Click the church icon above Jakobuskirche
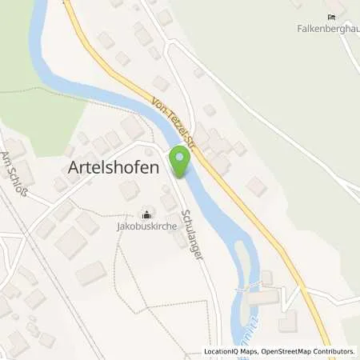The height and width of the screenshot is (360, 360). (146, 214)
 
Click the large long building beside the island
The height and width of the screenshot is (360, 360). (264, 296)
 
